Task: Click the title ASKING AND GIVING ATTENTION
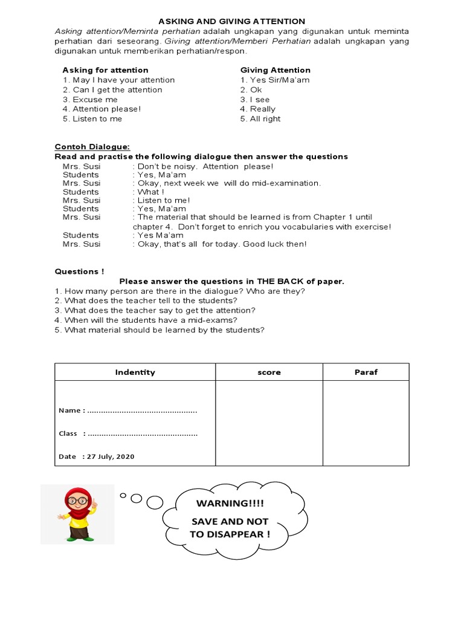[x=231, y=21]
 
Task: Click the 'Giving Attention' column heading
[x=275, y=70]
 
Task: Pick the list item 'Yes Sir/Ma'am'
[x=275, y=80]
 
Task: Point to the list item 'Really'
[x=258, y=109]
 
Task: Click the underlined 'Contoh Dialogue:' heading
[x=92, y=146]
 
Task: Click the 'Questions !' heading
[x=79, y=271]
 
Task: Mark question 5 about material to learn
[x=159, y=329]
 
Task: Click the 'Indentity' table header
[x=135, y=372]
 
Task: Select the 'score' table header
[x=269, y=372]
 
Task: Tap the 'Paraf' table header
[x=366, y=372]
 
